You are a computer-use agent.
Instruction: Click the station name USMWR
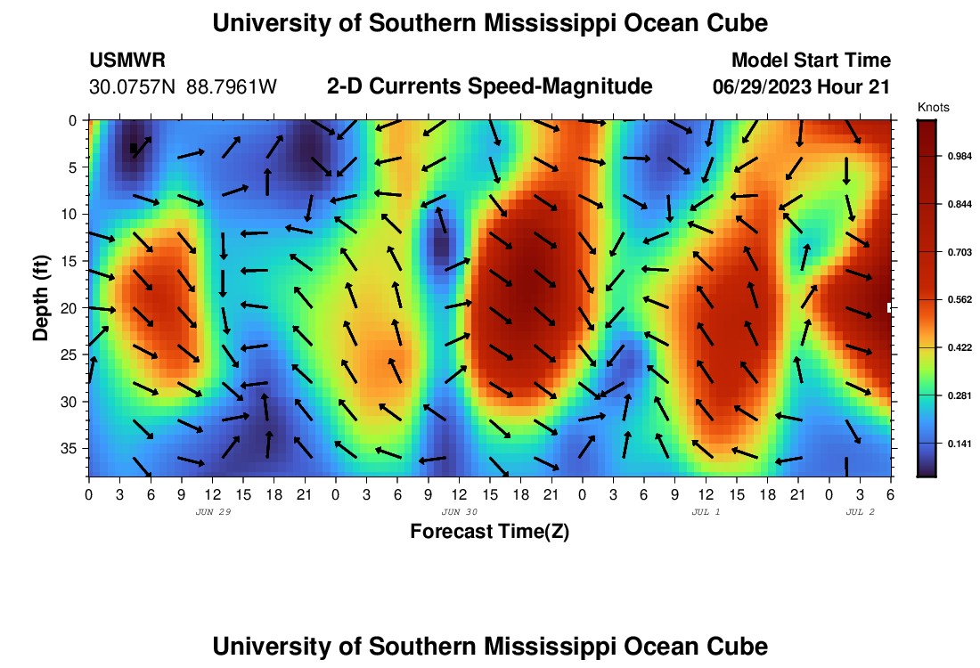(127, 61)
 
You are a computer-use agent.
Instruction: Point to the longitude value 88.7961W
(232, 87)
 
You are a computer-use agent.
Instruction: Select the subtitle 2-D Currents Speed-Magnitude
(490, 86)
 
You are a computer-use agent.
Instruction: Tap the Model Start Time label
(810, 61)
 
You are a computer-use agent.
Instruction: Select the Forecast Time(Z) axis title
(489, 532)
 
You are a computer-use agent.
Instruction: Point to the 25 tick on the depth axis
(72, 354)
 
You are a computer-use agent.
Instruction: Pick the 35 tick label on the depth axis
(72, 448)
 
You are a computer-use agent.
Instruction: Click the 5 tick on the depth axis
(77, 167)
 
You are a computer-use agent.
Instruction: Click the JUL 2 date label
(860, 512)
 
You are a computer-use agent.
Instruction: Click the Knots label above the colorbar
(934, 108)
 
